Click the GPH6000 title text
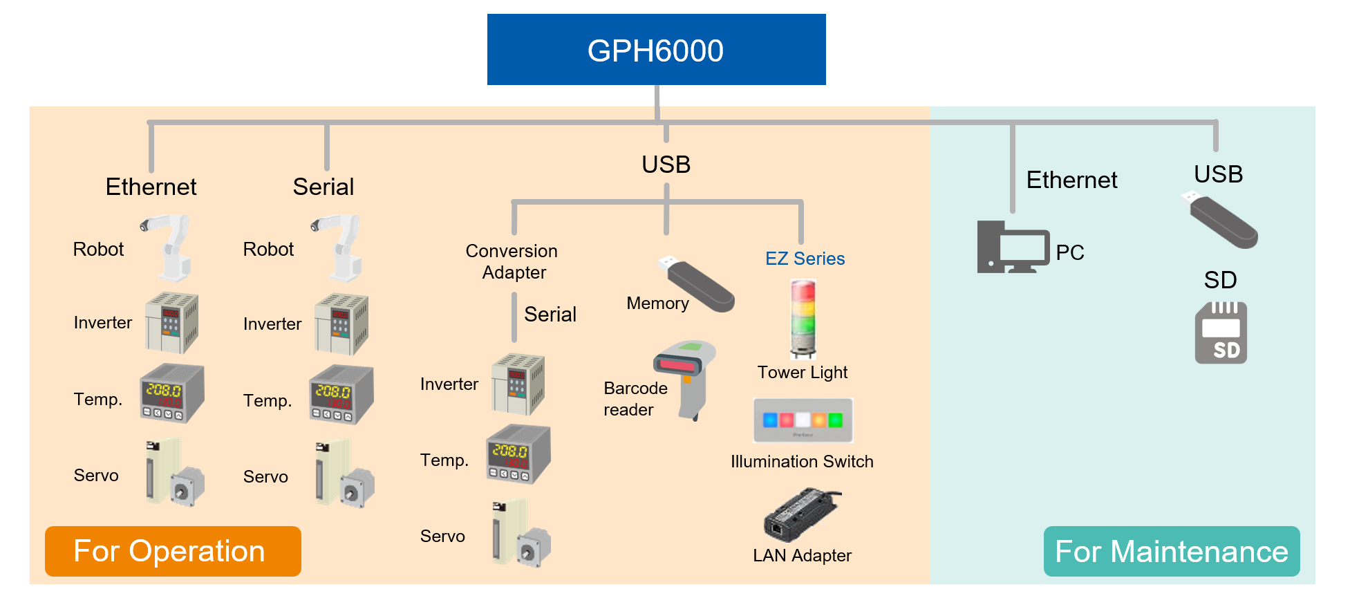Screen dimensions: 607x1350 pos(655,51)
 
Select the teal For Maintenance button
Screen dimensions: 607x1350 pos(1171,551)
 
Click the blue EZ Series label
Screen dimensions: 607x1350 pos(805,259)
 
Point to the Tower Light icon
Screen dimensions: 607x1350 pos(803,319)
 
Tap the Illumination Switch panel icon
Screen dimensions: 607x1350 pos(803,420)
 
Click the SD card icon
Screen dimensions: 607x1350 pos(1221,333)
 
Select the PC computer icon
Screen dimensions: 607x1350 pos(1013,247)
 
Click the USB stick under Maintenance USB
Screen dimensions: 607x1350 pos(1221,220)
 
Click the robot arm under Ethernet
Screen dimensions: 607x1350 pos(169,247)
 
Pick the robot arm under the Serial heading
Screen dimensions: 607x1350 pos(339,247)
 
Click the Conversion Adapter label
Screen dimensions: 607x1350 pos(512,261)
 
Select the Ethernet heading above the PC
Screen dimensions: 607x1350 pos(1071,180)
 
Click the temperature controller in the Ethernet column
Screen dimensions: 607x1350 pos(171,393)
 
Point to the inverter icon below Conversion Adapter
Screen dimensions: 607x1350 pos(518,384)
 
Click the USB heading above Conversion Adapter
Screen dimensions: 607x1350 pos(666,165)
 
